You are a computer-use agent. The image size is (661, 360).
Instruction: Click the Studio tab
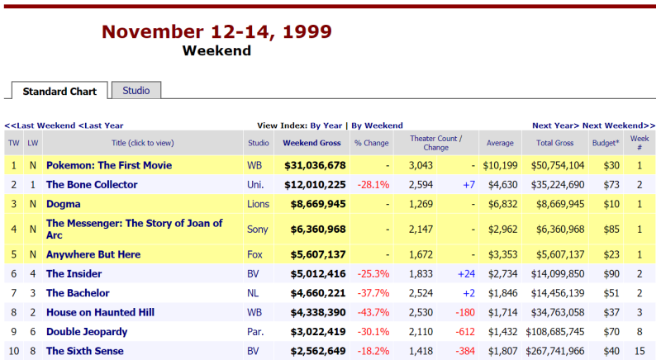pyautogui.click(x=136, y=91)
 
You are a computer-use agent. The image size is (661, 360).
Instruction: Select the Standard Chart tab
pyautogui.click(x=59, y=92)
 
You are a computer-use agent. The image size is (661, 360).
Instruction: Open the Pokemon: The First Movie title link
pyautogui.click(x=109, y=165)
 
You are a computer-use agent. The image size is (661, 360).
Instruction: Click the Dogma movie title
pyautogui.click(x=63, y=204)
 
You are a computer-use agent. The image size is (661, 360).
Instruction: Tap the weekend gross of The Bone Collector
pyautogui.click(x=315, y=185)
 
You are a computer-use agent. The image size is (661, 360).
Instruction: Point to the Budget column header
pyautogui.click(x=605, y=143)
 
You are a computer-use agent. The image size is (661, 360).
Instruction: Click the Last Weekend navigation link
pyautogui.click(x=40, y=126)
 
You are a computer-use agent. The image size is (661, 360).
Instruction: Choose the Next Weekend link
pyautogui.click(x=613, y=126)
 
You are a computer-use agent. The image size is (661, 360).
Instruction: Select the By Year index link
pyautogui.click(x=326, y=126)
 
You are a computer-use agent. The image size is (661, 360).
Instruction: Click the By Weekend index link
pyautogui.click(x=377, y=126)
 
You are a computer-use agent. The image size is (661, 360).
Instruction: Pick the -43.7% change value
pyautogui.click(x=373, y=312)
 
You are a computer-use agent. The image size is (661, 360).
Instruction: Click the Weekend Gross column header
pyautogui.click(x=311, y=143)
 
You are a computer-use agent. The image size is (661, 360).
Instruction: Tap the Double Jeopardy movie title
pyautogui.click(x=87, y=332)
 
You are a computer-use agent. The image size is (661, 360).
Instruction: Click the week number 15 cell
pyautogui.click(x=640, y=351)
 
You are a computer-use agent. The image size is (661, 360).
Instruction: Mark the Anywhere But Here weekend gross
pyautogui.click(x=315, y=254)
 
